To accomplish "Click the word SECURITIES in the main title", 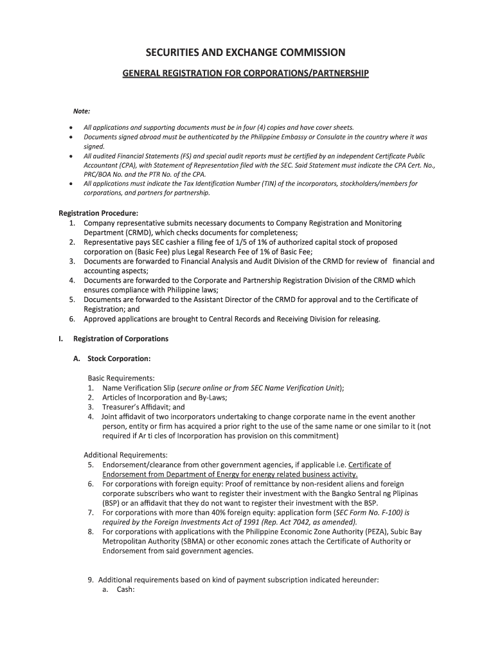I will [178, 52].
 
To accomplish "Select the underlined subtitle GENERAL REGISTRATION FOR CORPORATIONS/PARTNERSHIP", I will [246, 74].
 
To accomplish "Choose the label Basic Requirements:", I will [121, 378].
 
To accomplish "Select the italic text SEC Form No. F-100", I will [368, 513].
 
